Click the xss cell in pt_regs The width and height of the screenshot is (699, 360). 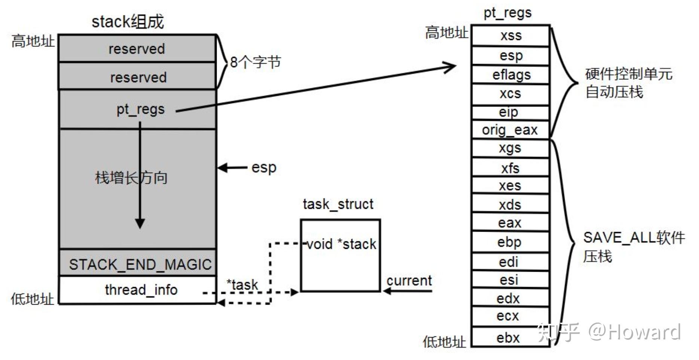coord(510,36)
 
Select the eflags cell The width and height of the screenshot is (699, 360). coord(510,74)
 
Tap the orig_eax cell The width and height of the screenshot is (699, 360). coord(510,130)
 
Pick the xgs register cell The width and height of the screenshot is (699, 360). coord(510,148)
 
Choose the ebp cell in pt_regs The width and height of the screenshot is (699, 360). coord(510,242)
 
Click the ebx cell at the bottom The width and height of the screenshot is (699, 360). coord(510,337)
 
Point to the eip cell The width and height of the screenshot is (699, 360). coord(510,112)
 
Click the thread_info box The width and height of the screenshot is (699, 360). coord(138,290)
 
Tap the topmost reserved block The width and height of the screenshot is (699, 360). coord(137,48)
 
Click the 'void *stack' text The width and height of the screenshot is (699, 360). coord(341,244)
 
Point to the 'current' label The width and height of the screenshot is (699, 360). coord(409,280)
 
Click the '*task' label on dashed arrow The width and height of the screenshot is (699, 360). coord(242,284)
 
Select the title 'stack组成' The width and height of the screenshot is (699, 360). coord(128,21)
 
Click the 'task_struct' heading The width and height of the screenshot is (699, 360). coord(338,204)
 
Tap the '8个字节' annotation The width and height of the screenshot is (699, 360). coord(255,62)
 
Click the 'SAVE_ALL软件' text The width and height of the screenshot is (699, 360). coord(634,237)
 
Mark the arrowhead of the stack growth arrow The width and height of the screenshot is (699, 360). coord(140,223)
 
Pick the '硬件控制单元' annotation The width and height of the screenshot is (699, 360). coord(629,74)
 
